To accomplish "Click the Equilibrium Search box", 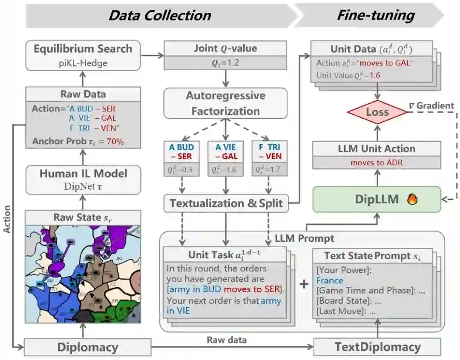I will [83, 55].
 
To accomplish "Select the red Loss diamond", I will [377, 112].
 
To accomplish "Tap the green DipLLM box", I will [377, 199].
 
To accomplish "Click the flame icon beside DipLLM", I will [412, 199].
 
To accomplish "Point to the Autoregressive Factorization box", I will [225, 103].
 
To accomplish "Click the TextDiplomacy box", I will [377, 347].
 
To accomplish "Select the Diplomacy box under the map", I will [87, 347].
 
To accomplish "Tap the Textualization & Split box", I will [226, 203].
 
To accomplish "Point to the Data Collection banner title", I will [160, 16].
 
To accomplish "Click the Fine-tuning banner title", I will [376, 16].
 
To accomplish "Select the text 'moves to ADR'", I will [377, 163].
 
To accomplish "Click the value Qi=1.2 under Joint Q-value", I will [225, 63].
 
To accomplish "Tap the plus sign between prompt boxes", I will [304, 284].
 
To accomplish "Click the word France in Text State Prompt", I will [330, 280].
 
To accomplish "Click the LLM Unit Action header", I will [377, 149].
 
